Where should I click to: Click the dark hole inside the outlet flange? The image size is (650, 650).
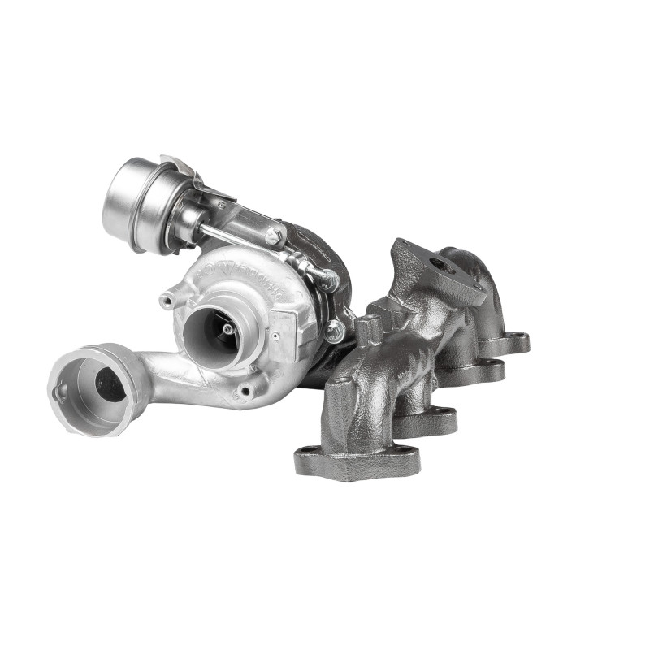click(110, 383)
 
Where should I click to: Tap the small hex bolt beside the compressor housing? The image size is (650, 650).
click(334, 330)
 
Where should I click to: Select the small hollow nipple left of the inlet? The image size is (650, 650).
click(167, 301)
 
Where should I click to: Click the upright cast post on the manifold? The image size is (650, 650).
click(370, 330)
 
